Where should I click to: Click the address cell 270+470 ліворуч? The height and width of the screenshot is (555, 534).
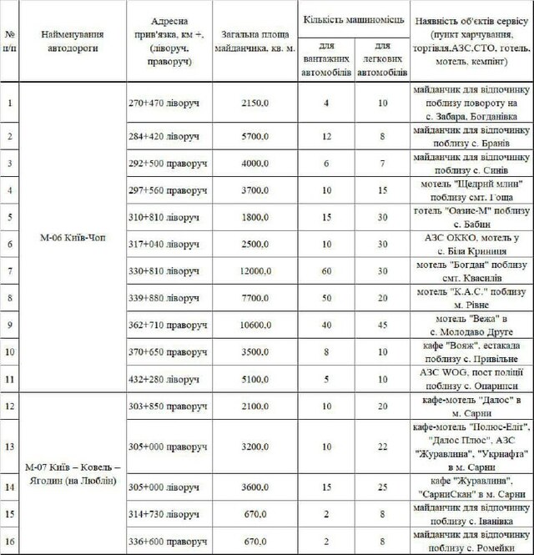[169, 103]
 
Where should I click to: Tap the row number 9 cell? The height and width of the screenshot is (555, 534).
[10, 324]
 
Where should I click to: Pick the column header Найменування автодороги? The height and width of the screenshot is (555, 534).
[73, 42]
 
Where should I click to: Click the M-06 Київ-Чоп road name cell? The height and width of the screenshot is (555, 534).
[73, 237]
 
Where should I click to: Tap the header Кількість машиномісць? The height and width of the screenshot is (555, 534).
[353, 18]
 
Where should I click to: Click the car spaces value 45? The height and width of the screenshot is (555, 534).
[383, 324]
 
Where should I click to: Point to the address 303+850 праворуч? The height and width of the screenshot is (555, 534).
[169, 406]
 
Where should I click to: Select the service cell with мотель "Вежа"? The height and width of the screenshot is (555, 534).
[471, 324]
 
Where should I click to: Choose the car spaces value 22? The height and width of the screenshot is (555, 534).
[383, 447]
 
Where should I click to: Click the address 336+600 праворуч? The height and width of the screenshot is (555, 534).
[169, 541]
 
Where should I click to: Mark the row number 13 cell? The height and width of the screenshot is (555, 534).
[10, 447]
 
